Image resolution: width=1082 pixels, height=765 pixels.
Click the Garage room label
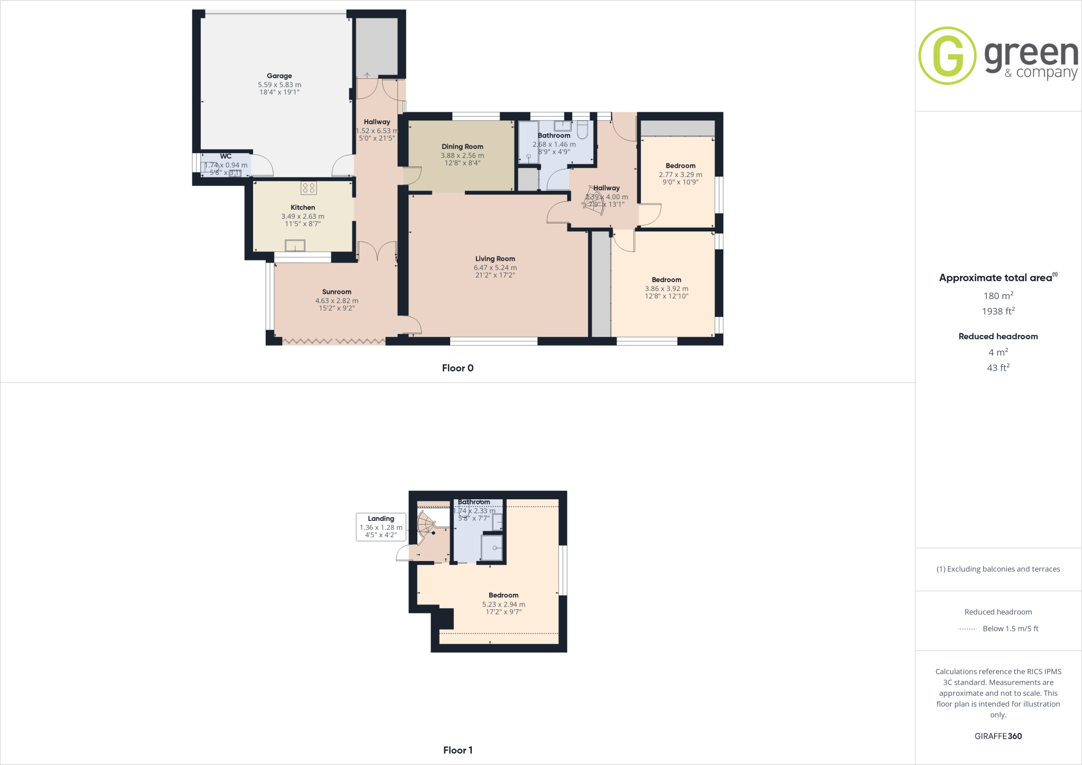(279, 76)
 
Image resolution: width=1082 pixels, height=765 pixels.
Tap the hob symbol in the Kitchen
(309, 188)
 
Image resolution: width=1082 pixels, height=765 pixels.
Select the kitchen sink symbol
(295, 246)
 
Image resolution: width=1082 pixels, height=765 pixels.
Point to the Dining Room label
(462, 147)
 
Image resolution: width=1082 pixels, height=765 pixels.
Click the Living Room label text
(495, 259)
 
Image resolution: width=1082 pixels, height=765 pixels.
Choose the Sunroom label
(337, 292)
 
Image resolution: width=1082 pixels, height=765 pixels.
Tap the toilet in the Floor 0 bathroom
(582, 129)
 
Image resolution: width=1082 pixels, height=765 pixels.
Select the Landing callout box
(381, 527)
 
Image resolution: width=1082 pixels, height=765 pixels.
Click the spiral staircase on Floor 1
(426, 523)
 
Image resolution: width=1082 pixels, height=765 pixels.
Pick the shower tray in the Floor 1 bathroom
(491, 548)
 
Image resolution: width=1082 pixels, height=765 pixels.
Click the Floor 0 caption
(458, 368)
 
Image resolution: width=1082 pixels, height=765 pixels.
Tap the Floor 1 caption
(458, 750)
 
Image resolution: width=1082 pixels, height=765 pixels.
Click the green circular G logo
(947, 55)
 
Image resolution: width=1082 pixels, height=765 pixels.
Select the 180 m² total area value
(998, 296)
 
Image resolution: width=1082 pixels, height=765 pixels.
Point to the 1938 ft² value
(998, 311)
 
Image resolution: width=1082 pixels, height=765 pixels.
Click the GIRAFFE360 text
(998, 736)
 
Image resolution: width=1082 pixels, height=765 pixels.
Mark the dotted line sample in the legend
(967, 629)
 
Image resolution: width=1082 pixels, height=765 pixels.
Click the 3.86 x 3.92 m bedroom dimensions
(666, 289)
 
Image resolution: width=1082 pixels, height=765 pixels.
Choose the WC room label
(226, 156)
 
